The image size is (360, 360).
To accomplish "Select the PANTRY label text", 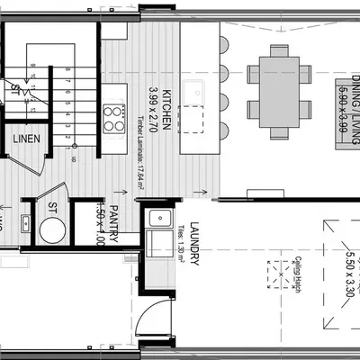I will (116, 220).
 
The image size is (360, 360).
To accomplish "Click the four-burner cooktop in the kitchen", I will (114, 117).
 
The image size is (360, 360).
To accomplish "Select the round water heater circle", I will (52, 230).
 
